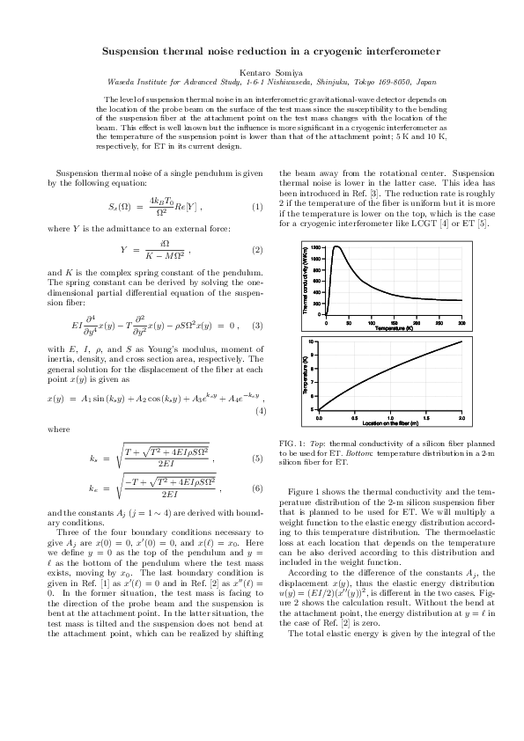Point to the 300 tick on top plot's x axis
click(x=461, y=324)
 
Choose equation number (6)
click(x=257, y=488)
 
